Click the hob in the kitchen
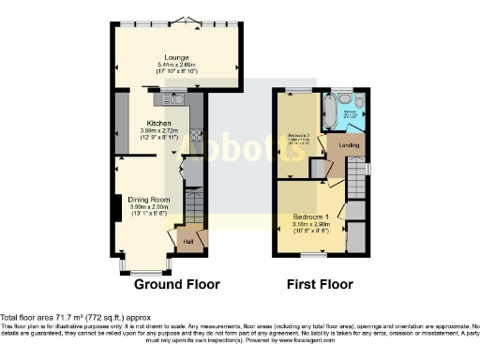coord(198,133)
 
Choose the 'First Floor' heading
coord(320,284)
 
